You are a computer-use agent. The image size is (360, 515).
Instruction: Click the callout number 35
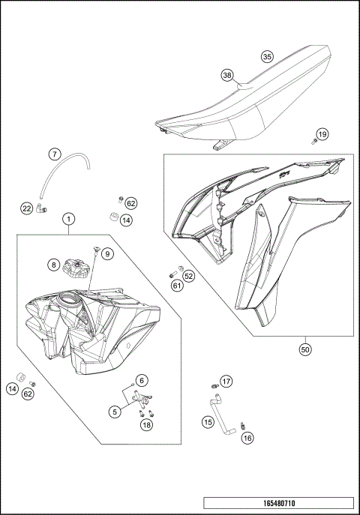pyautogui.click(x=267, y=55)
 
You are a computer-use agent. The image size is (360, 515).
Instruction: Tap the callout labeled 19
pyautogui.click(x=322, y=135)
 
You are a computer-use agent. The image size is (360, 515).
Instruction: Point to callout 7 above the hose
pyautogui.click(x=55, y=154)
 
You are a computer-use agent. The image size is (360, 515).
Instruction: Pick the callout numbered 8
pyautogui.click(x=54, y=264)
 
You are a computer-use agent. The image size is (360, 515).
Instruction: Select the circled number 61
pyautogui.click(x=177, y=285)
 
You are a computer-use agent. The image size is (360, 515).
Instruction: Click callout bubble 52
pyautogui.click(x=188, y=276)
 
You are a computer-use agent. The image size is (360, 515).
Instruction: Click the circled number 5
pyautogui.click(x=115, y=411)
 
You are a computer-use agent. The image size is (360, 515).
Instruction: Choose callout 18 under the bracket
pyautogui.click(x=147, y=425)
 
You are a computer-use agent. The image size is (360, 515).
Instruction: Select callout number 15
pyautogui.click(x=208, y=422)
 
